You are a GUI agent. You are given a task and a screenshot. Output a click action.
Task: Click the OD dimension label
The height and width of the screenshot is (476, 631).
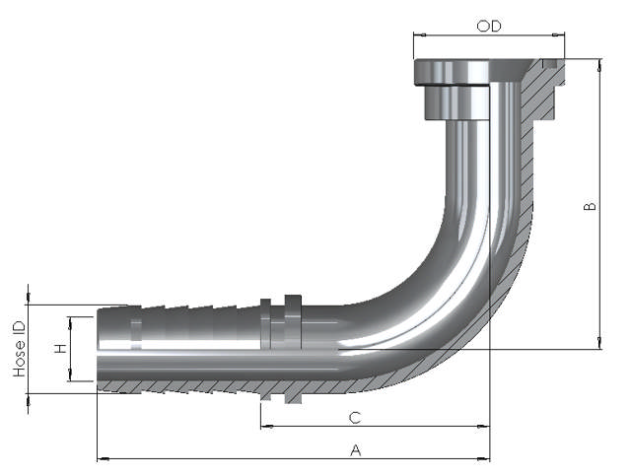489,26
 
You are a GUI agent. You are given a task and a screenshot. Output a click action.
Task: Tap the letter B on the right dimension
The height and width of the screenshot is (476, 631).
590,206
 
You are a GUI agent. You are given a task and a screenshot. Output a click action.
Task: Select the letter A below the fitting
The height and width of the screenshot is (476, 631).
356,449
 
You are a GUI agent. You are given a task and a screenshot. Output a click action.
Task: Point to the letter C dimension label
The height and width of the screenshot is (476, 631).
355,418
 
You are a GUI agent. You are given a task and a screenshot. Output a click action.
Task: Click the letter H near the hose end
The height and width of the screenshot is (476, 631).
60,349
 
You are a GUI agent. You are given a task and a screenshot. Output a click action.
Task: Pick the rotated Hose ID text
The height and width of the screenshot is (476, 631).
19,349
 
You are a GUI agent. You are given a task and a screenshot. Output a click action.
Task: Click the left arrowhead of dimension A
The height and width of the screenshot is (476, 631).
102,458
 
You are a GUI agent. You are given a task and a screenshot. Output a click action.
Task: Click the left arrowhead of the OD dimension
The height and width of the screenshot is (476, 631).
419,35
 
